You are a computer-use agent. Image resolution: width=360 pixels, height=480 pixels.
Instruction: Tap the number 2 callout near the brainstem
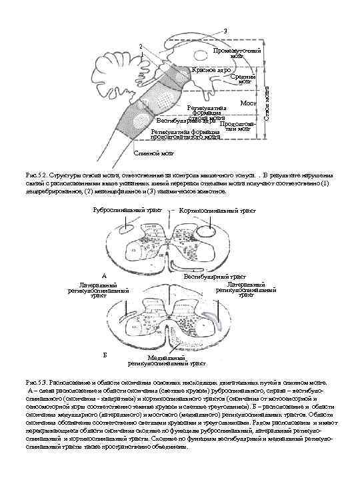pyautogui.click(x=140, y=46)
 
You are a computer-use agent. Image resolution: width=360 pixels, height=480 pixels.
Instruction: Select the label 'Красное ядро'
pyautogui.click(x=211, y=69)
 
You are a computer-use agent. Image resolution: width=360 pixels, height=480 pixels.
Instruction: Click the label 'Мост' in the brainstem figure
pyautogui.click(x=248, y=104)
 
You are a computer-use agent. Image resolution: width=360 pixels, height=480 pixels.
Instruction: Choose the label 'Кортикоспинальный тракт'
pyautogui.click(x=218, y=210)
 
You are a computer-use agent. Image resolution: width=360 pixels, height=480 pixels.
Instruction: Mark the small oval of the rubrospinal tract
pyautogui.click(x=124, y=230)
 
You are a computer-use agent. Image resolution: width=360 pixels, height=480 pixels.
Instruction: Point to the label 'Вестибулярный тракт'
pyautogui.click(x=215, y=275)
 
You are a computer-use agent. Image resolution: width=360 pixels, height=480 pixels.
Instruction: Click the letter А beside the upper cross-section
pyautogui.click(x=104, y=275)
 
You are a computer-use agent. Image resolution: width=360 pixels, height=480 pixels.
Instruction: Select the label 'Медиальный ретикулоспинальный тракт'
pyautogui.click(x=158, y=361)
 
